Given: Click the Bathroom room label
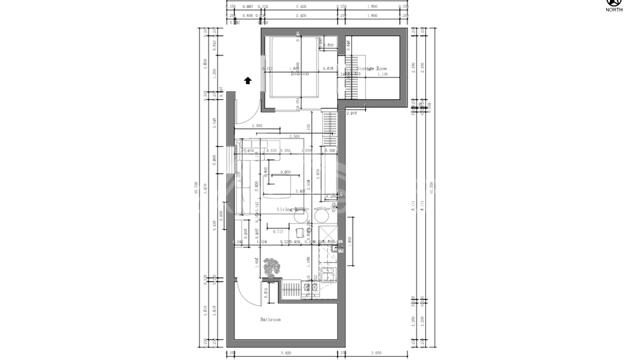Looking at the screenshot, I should coord(270,320).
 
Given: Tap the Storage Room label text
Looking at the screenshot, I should coord(372,68).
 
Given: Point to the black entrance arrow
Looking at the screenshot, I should coord(247,81).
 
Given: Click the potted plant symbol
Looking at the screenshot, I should coord(271,269).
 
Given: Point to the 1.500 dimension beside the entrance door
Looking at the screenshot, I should coord(257,125).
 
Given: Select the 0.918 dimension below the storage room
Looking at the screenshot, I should coord(352,113).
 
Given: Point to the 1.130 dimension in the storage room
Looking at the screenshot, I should coord(383,74).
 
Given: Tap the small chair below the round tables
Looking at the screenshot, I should coord(301,231).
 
